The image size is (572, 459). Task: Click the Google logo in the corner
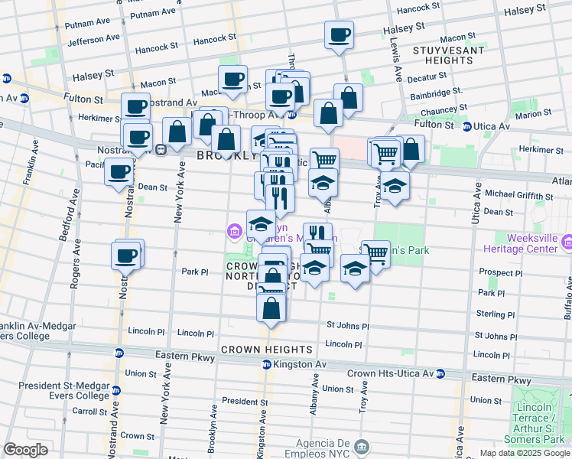click(27, 450)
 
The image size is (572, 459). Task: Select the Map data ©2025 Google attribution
click(525, 453)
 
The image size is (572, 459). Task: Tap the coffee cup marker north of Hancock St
click(339, 34)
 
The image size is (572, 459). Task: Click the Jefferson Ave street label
click(93, 38)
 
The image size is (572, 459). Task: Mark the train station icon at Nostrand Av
click(161, 149)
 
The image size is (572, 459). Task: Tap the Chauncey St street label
click(438, 111)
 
